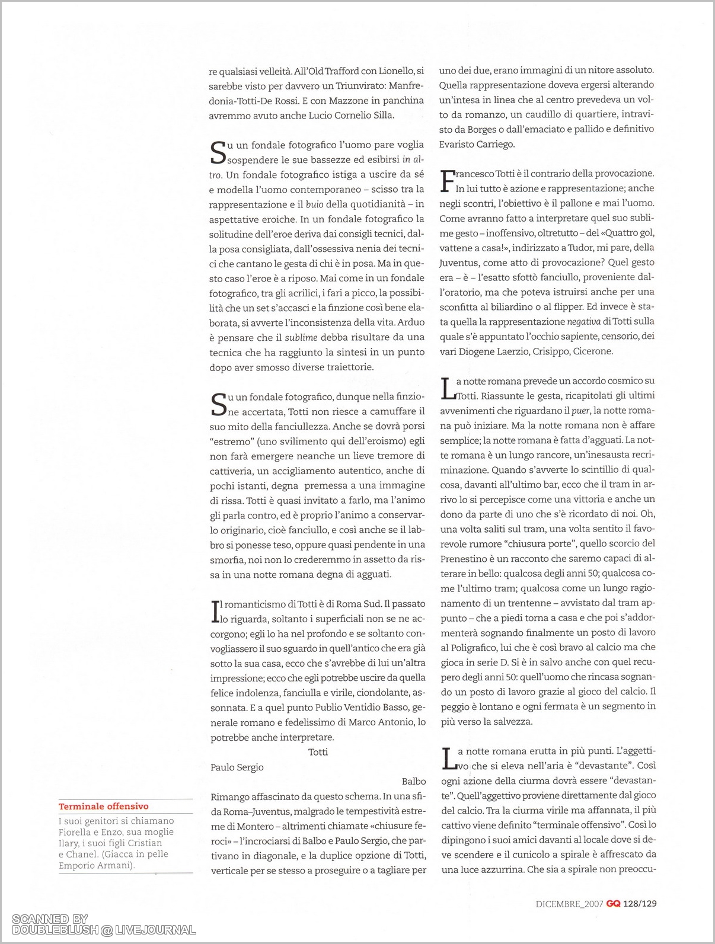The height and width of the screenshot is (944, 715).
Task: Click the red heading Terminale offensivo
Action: point(103,806)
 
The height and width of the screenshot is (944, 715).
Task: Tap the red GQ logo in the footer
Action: point(613,904)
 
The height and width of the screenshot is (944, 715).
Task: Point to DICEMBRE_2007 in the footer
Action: point(569,904)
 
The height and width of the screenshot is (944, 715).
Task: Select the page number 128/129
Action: point(640,904)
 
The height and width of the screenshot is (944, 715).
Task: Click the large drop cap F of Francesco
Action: point(447,181)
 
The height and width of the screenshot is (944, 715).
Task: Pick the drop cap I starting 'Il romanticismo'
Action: point(215,612)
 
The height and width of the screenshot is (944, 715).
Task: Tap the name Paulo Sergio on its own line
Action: point(237,767)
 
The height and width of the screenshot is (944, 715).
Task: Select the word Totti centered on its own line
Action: point(318,752)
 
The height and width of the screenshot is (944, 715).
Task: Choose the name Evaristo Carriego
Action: point(477,144)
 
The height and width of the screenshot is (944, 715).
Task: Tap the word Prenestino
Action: point(466,559)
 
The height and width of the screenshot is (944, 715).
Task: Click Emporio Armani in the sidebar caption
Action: point(95,865)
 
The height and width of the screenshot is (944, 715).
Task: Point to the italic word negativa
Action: point(583,322)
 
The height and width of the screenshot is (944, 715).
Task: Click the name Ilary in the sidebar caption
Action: point(69,843)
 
